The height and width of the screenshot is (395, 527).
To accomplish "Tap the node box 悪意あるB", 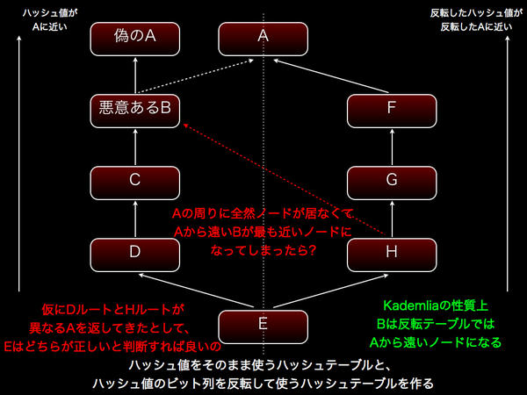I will [x=134, y=109].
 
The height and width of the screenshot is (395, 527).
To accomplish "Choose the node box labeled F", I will [x=391, y=109].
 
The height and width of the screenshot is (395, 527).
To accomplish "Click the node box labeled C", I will [x=134, y=181].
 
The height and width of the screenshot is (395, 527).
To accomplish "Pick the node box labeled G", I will [x=391, y=181].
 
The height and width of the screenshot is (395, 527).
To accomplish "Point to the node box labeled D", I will [x=134, y=253].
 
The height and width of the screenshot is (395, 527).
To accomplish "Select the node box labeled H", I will [x=391, y=253].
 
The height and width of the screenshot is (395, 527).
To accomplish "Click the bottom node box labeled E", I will [x=263, y=325].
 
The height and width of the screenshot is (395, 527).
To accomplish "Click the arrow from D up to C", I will [x=134, y=217].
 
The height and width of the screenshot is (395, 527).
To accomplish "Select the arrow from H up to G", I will [x=391, y=217].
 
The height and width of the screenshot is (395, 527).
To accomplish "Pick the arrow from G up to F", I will [x=391, y=145].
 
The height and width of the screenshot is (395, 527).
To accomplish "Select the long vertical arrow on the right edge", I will [x=509, y=167].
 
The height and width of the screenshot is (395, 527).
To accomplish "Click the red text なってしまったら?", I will [x=263, y=250].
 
